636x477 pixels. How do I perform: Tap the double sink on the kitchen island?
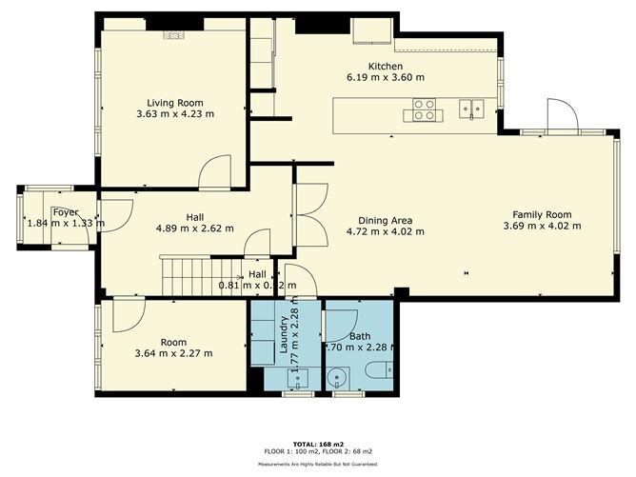[x=470, y=108]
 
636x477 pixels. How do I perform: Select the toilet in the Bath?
[x=378, y=371]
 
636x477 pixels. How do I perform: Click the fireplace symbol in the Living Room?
[x=172, y=35]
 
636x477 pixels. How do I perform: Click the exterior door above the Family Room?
[x=561, y=115]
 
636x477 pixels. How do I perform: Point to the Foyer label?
[x=66, y=212]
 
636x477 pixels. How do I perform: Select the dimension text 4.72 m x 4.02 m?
[x=385, y=231]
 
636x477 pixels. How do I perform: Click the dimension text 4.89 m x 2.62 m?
[x=194, y=229]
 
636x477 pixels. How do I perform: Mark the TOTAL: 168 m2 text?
[x=318, y=444]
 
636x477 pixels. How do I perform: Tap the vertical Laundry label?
[x=284, y=336]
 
